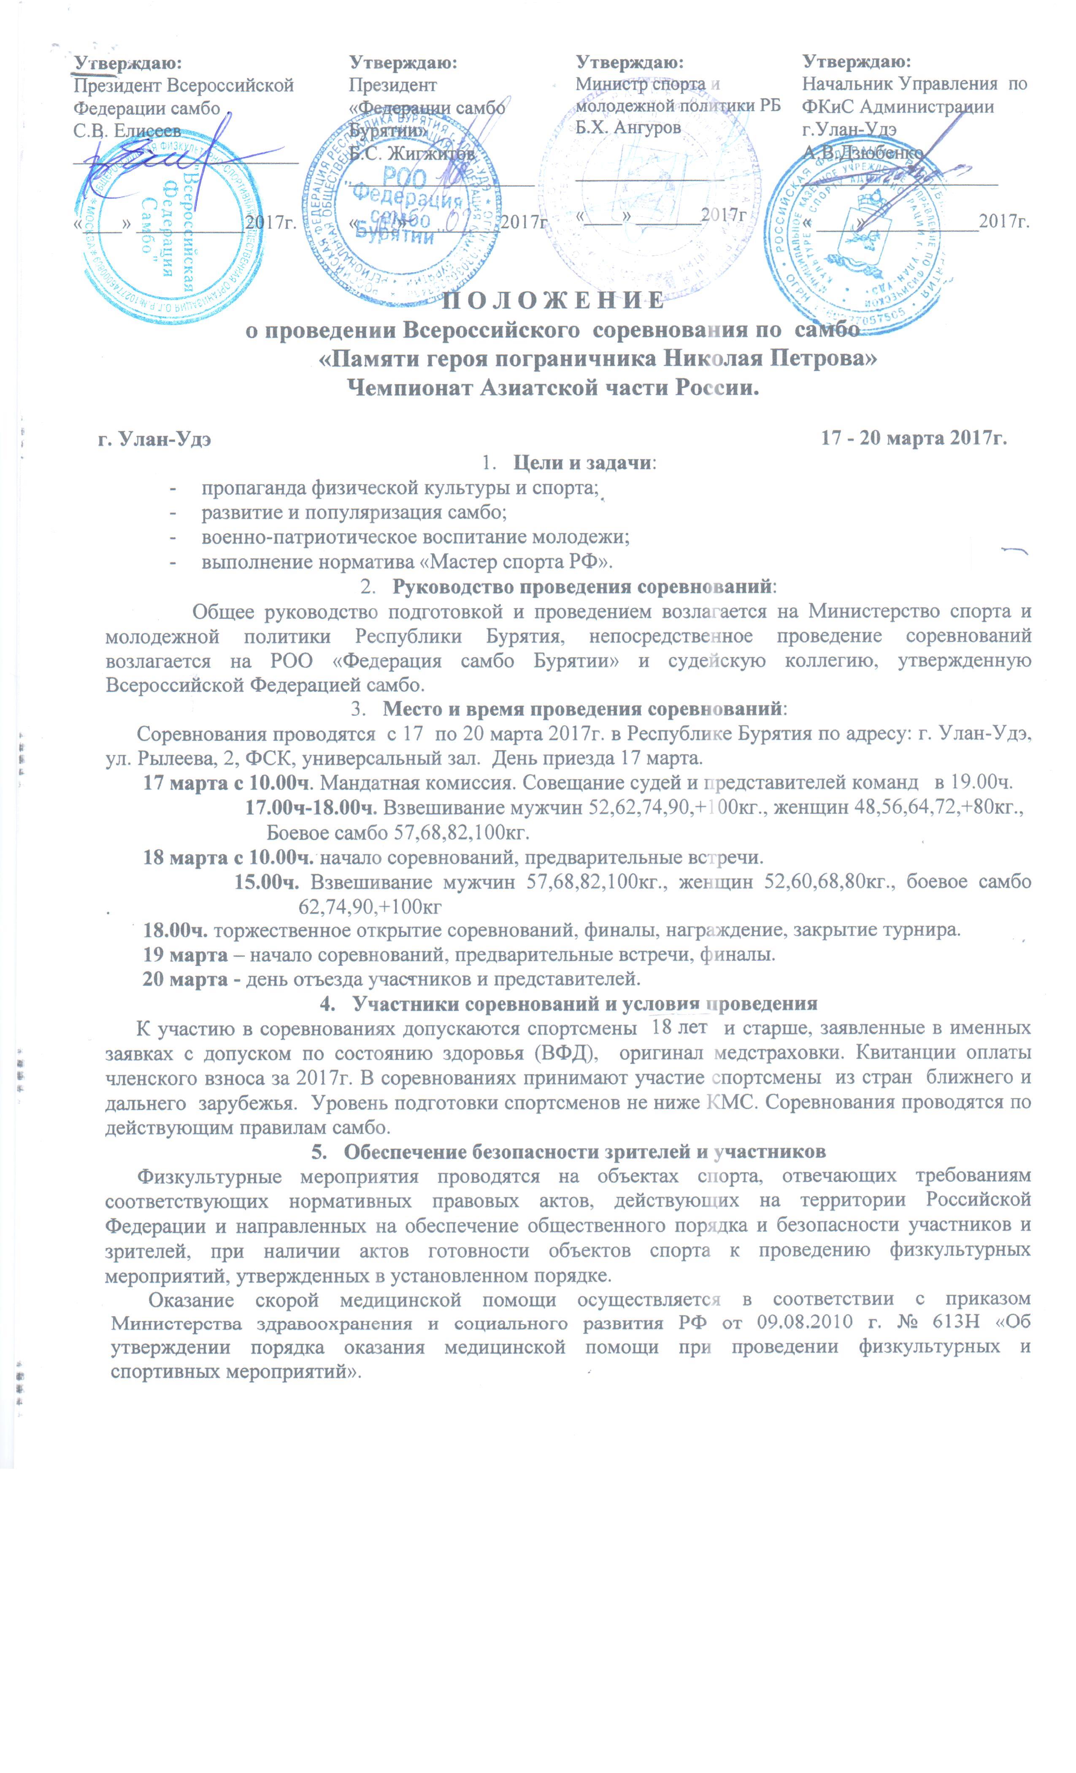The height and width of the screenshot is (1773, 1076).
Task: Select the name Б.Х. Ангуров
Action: (628, 127)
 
